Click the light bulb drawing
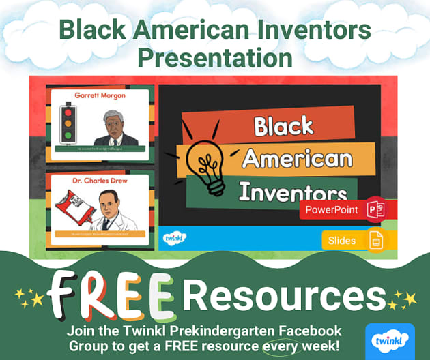207,160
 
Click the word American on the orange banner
298,159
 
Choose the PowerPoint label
331,210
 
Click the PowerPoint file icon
375,210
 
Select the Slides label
342,240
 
